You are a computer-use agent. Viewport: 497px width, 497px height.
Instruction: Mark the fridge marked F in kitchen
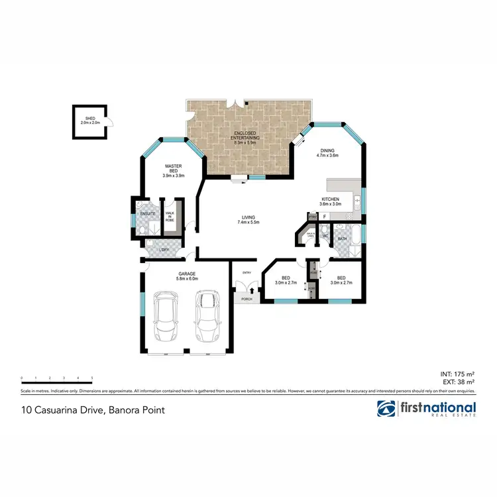pyautogui.click(x=325, y=216)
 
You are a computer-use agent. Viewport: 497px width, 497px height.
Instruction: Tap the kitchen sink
pyautogui.click(x=357, y=199)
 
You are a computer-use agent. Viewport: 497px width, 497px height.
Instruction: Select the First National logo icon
pyautogui.click(x=387, y=409)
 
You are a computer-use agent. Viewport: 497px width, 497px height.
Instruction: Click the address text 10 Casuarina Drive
pyautogui.click(x=93, y=410)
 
